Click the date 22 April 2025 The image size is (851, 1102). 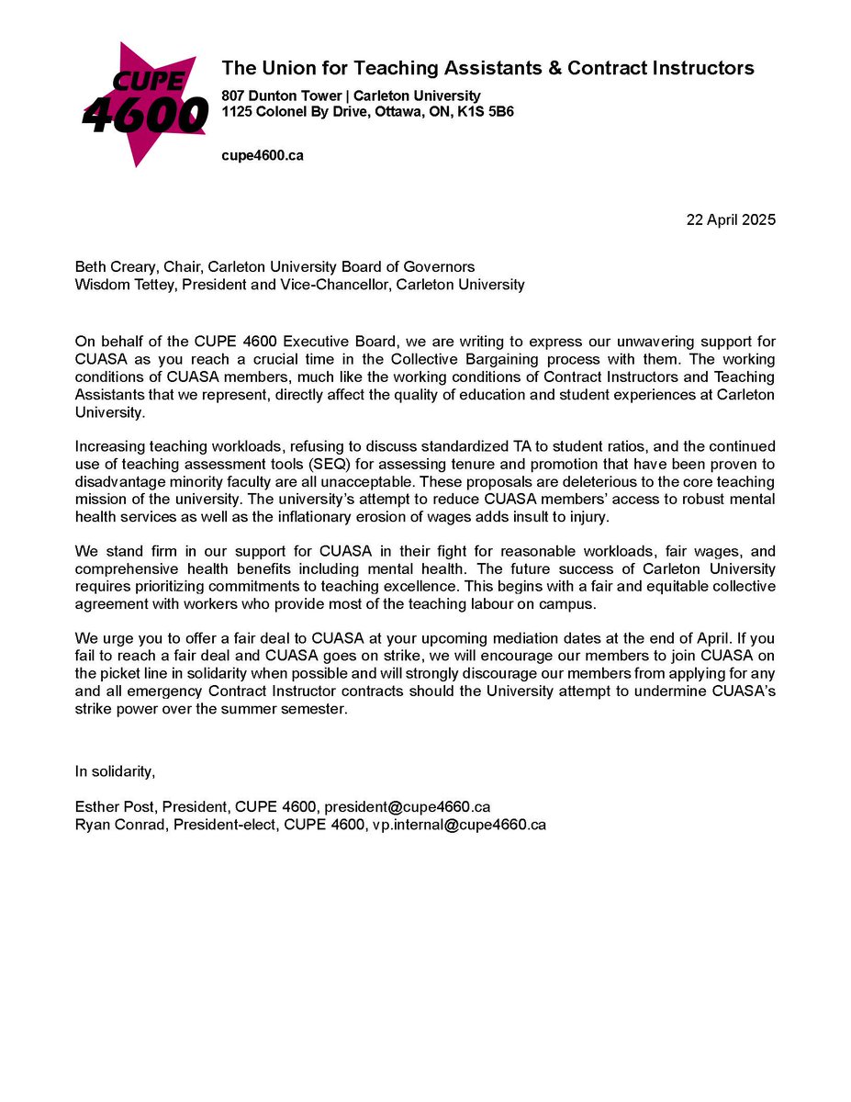pyautogui.click(x=731, y=220)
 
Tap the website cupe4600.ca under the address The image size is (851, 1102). pyautogui.click(x=263, y=155)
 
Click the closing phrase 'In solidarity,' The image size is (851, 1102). pyautogui.click(x=116, y=771)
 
